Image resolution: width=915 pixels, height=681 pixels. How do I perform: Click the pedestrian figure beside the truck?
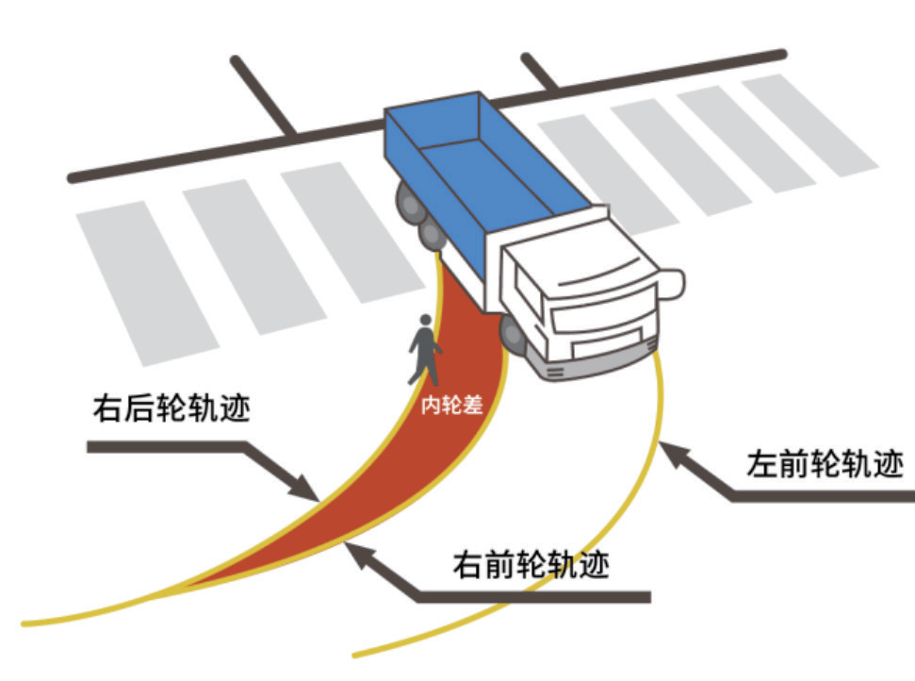click(x=424, y=349)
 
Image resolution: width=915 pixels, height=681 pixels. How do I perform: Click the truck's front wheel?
click(x=513, y=334)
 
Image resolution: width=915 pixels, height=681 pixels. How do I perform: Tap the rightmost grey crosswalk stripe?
click(x=811, y=122)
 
